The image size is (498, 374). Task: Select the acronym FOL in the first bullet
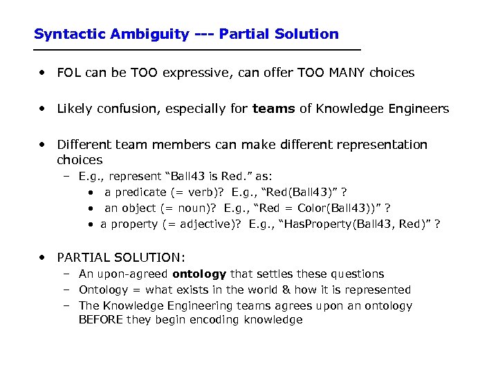pos(69,73)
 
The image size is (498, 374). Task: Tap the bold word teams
pos(274,109)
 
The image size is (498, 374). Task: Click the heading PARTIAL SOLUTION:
pos(121,258)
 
